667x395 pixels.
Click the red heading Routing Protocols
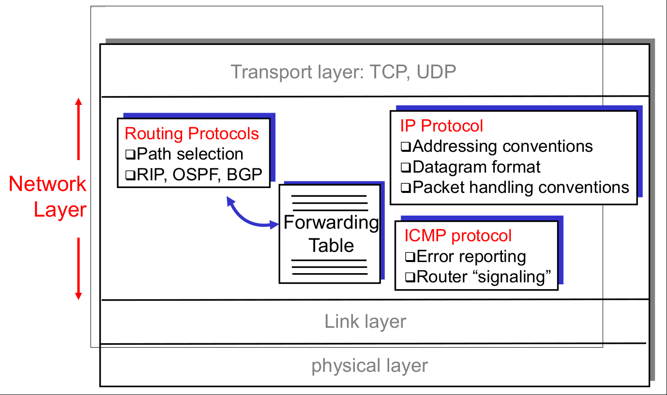pyautogui.click(x=192, y=133)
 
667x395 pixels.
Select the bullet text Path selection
pyautogui.click(x=189, y=154)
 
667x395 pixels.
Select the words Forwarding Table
pyautogui.click(x=331, y=234)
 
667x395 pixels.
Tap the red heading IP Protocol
pyautogui.click(x=441, y=126)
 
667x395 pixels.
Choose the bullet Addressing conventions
pyautogui.click(x=502, y=146)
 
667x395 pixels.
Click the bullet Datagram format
pyautogui.click(x=476, y=167)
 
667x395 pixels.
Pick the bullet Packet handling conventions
pyautogui.click(x=521, y=187)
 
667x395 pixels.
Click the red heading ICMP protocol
pyautogui.click(x=458, y=235)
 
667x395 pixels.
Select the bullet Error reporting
pyautogui.click(x=470, y=256)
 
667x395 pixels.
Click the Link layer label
pyautogui.click(x=365, y=322)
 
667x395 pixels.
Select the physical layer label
pyautogui.click(x=370, y=366)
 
